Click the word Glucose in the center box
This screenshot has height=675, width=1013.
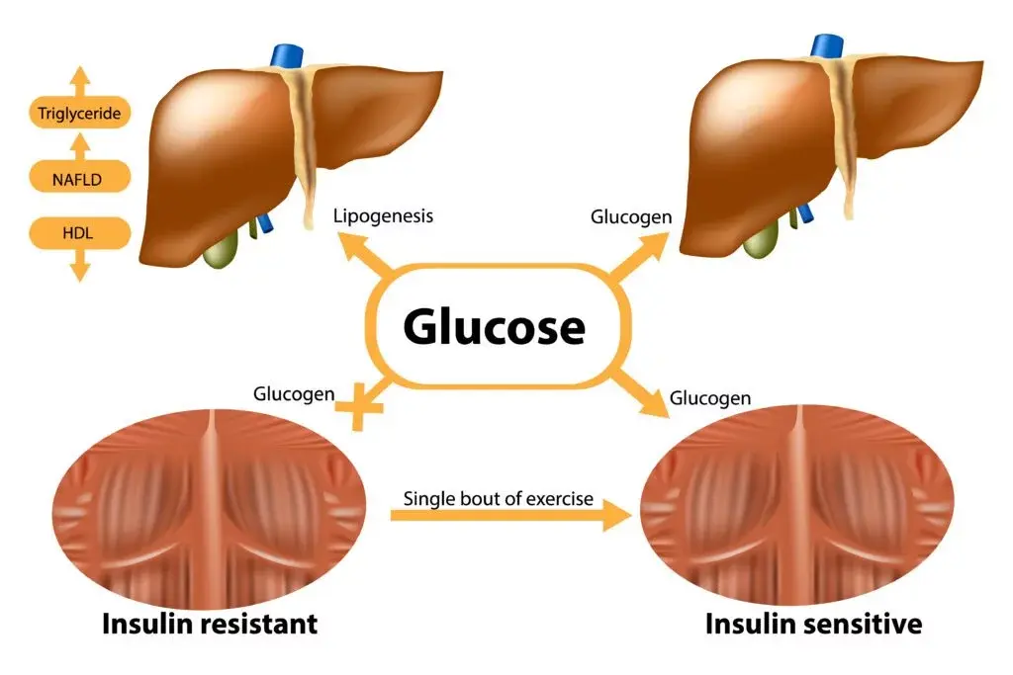coord(494,327)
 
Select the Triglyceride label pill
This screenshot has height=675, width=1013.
coord(79,114)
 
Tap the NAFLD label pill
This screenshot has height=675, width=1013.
coord(79,179)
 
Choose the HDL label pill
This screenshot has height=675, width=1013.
coord(79,233)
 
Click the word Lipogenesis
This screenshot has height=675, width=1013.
coord(383,216)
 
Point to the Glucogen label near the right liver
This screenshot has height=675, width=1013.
coord(631,216)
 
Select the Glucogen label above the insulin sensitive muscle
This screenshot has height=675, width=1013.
coord(710,398)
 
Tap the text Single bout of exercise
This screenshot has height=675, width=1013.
coord(499,498)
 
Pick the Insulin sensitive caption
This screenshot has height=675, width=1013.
coord(813,625)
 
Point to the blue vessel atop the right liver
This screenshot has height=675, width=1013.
coord(827,47)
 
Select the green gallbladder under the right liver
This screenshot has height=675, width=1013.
coord(761,240)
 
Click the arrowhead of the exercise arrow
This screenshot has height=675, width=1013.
coord(615,515)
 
